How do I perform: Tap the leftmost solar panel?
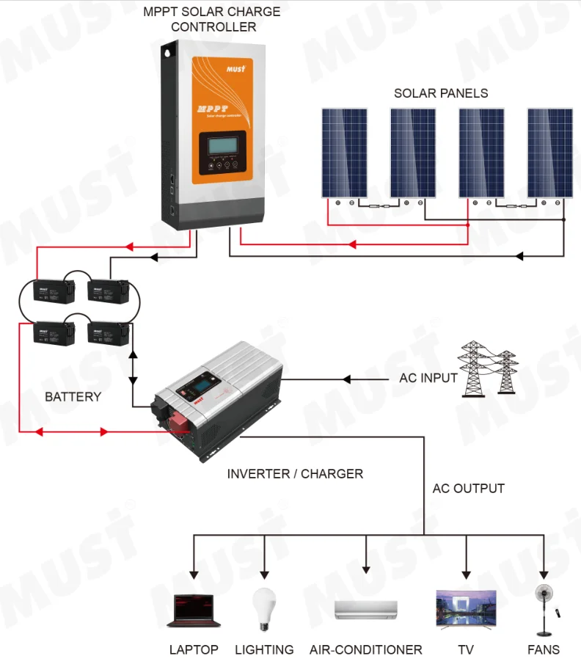click(x=344, y=153)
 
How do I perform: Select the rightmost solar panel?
click(x=550, y=153)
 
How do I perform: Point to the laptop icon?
click(x=194, y=610)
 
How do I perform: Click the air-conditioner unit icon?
click(x=366, y=610)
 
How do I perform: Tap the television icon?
click(x=466, y=608)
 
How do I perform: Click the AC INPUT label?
click(x=428, y=379)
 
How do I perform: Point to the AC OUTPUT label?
click(x=469, y=488)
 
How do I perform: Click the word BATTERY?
click(x=73, y=397)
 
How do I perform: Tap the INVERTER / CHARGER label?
click(x=295, y=474)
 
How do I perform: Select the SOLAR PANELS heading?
click(x=441, y=93)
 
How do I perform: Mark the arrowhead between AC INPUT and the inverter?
click(x=347, y=379)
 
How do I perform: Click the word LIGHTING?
click(x=264, y=649)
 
